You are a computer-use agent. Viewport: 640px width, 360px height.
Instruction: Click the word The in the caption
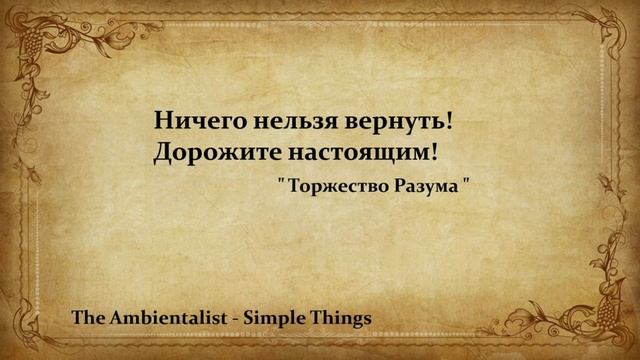pos(87,318)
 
